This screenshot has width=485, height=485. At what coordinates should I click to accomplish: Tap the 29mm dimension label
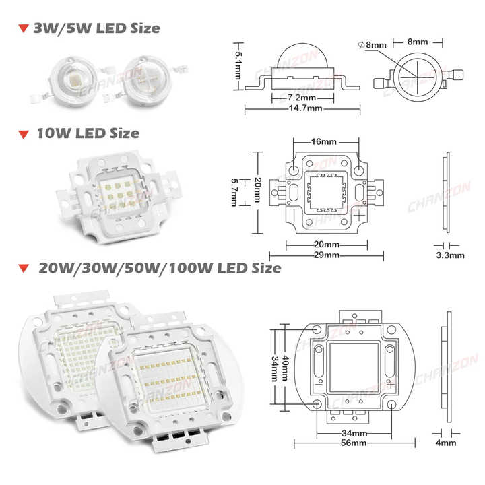pos(325,255)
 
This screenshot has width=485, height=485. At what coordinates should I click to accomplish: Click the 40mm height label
pos(284,363)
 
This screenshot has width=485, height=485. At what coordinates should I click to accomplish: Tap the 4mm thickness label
pos(447,443)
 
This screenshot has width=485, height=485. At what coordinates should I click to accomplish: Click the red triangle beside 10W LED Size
pos(24,133)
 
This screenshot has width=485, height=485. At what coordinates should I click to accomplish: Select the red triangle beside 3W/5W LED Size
pos(24,29)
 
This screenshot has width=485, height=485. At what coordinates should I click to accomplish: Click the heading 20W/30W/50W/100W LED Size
pos(159,268)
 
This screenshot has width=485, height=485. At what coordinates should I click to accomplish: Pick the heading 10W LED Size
pos(88,133)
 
